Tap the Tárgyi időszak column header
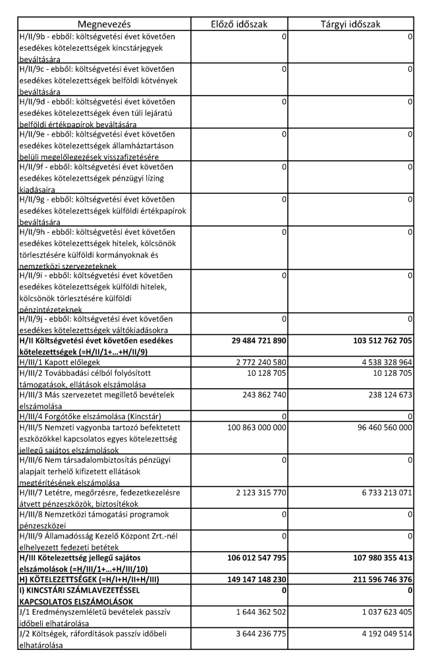[x=350, y=24]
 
